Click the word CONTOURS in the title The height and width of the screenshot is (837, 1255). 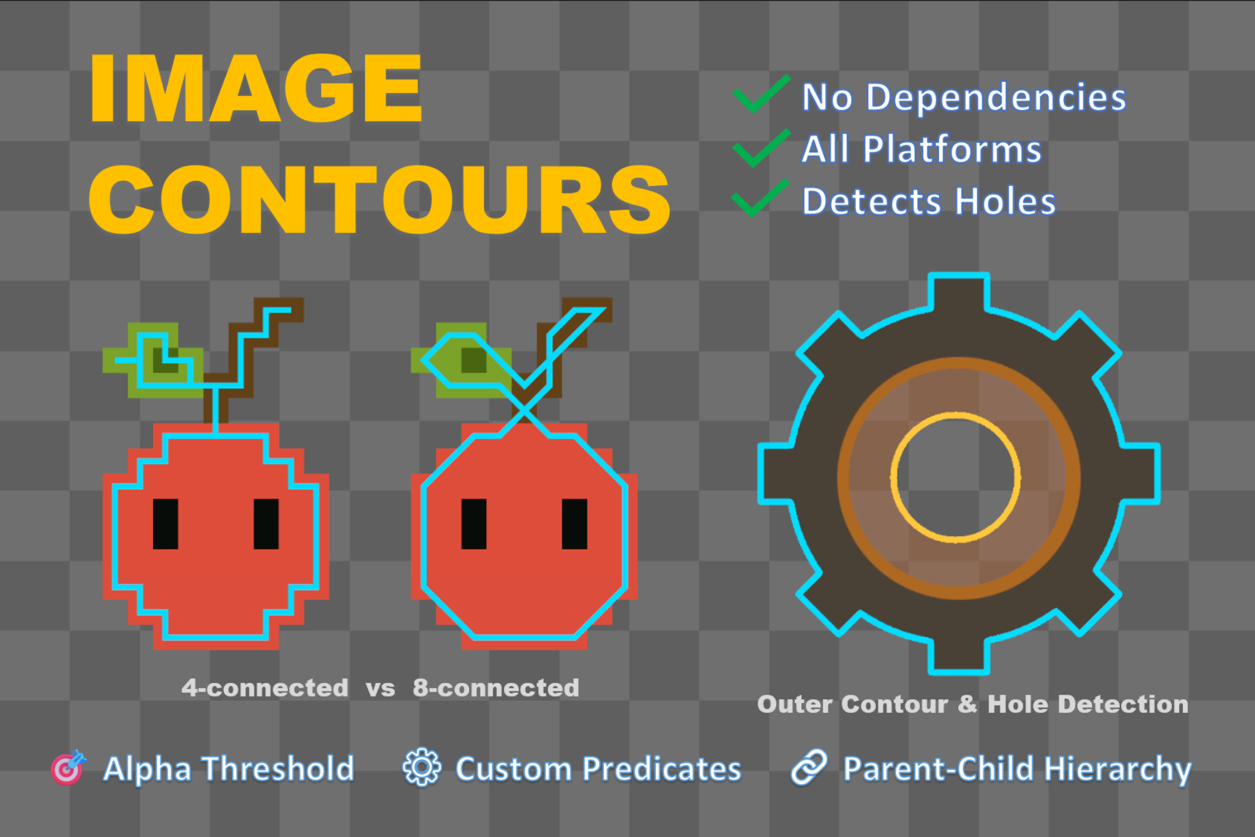point(380,200)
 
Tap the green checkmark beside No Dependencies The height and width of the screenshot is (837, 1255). point(761,94)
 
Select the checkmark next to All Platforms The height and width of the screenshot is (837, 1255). point(761,147)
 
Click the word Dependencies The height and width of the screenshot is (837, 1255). point(996,98)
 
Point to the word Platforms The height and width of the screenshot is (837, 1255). point(952,149)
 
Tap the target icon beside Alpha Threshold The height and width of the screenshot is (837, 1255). point(68,767)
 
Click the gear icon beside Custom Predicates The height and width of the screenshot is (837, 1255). point(422,767)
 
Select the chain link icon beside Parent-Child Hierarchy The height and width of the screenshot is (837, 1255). point(809,767)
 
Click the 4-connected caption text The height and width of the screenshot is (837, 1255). point(265,688)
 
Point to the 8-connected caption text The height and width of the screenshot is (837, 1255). point(496,688)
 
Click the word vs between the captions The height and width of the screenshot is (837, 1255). point(380,689)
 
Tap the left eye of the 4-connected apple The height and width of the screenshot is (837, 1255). point(165,524)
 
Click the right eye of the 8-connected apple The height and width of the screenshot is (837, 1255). point(574,524)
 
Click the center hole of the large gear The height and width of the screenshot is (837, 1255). point(956,477)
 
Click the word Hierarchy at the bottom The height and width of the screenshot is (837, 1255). point(1117,770)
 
